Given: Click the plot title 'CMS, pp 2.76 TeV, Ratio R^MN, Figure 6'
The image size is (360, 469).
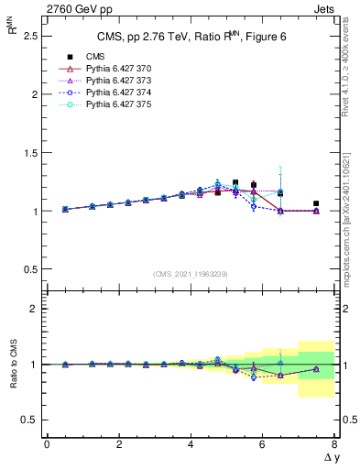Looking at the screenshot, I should (x=190, y=37).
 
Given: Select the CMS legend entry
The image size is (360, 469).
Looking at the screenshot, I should (x=85, y=57).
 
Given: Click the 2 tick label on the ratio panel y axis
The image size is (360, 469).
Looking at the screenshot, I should (x=34, y=310).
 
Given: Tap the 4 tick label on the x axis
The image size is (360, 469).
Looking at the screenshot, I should (x=191, y=444).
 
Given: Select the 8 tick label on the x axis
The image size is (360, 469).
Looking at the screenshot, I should (x=334, y=444).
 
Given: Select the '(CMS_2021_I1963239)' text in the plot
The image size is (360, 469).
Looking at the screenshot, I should (x=191, y=274).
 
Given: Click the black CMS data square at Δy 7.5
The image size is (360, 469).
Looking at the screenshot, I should (x=316, y=203).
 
